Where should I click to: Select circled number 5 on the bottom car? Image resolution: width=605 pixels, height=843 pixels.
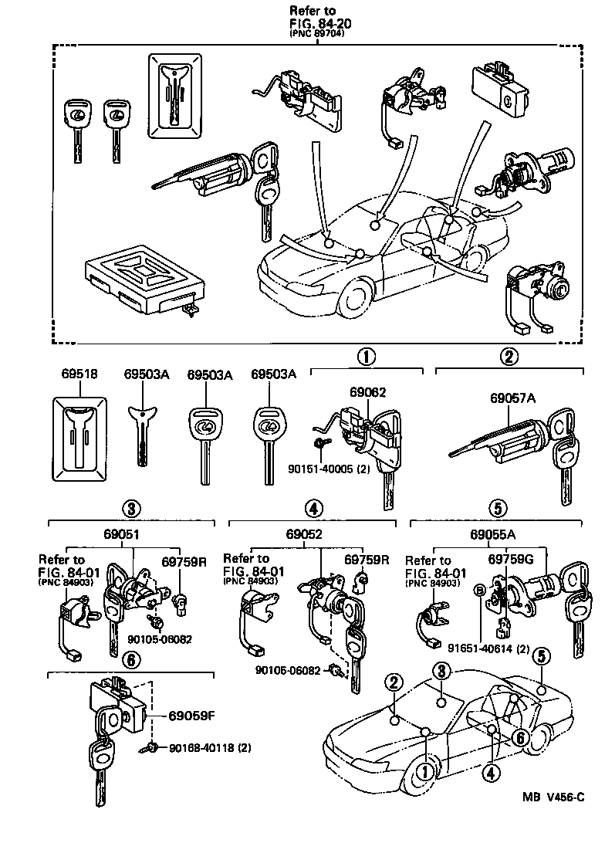tap(542, 657)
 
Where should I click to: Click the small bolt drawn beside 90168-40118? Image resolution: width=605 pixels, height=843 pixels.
tap(152, 747)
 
